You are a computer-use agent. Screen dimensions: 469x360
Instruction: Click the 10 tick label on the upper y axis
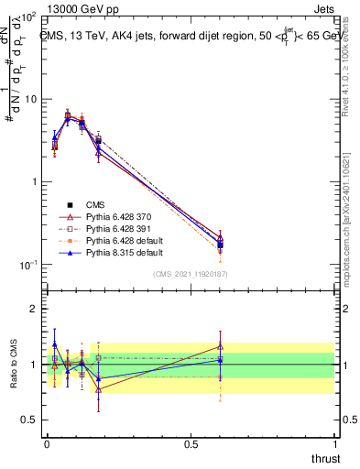[x=30, y=99]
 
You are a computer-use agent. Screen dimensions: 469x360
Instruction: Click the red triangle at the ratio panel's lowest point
[x=98, y=389]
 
